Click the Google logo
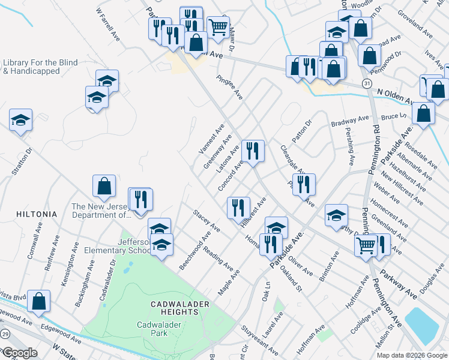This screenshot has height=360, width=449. click(x=19, y=353)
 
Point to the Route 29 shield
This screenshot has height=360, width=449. click(x=5, y=333)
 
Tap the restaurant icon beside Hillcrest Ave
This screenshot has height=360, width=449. click(x=238, y=208)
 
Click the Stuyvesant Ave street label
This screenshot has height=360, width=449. click(x=260, y=340)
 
